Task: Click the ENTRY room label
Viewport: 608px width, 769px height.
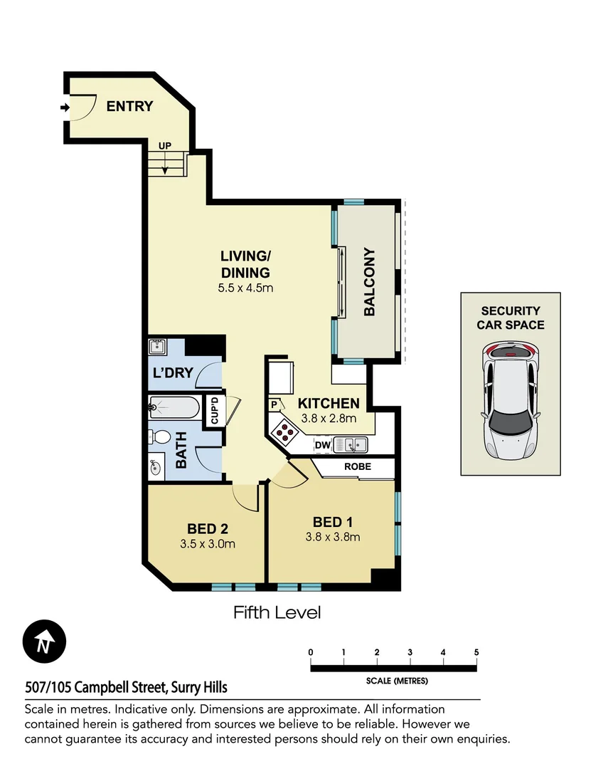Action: pyautogui.click(x=129, y=107)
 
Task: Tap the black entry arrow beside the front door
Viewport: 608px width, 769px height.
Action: pyautogui.click(x=65, y=108)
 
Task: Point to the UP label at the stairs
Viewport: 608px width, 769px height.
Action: pyautogui.click(x=165, y=145)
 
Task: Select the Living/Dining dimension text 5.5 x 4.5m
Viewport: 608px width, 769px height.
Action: pyautogui.click(x=245, y=288)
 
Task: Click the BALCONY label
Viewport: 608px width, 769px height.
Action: pyautogui.click(x=369, y=282)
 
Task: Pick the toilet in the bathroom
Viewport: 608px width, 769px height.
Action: pyautogui.click(x=161, y=436)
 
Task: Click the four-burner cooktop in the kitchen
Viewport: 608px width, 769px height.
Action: pyautogui.click(x=287, y=431)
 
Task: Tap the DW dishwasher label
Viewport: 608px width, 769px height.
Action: pyautogui.click(x=323, y=446)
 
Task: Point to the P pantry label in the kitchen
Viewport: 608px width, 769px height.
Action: pyautogui.click(x=273, y=404)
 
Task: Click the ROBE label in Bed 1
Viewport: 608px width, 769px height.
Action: pyautogui.click(x=358, y=468)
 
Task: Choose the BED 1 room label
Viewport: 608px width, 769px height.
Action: pyautogui.click(x=331, y=522)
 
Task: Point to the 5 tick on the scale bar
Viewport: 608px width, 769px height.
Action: pyautogui.click(x=476, y=652)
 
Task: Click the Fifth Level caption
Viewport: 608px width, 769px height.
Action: pyautogui.click(x=277, y=612)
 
